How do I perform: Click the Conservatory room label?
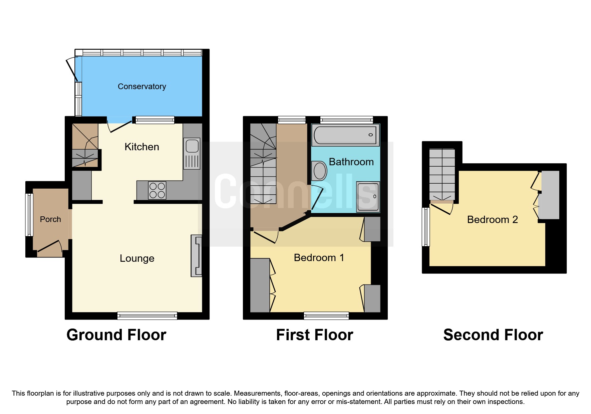(x=142, y=86)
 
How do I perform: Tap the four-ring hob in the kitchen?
(x=157, y=190)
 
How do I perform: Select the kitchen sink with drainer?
(x=192, y=153)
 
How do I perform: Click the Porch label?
(x=50, y=219)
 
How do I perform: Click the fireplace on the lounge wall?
(x=197, y=256)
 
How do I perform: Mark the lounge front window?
(x=147, y=315)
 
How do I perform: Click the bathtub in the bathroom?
(x=345, y=135)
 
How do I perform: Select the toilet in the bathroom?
(x=319, y=171)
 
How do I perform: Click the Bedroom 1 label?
(x=319, y=258)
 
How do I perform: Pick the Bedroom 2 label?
(x=492, y=220)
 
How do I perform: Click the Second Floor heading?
(x=493, y=335)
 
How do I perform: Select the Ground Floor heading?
(x=116, y=335)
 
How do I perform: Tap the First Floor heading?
(x=314, y=335)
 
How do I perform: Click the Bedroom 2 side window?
(x=426, y=227)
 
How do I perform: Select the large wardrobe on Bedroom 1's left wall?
(x=260, y=285)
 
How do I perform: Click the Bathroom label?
(x=351, y=162)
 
